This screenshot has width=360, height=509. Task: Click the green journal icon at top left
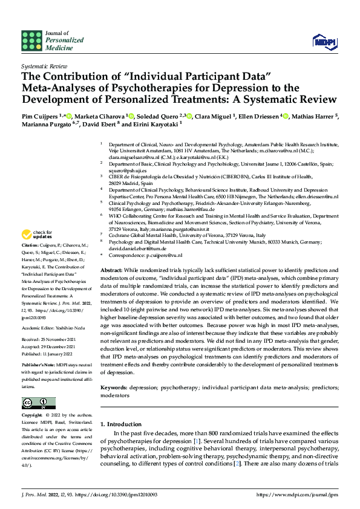(31, 41)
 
